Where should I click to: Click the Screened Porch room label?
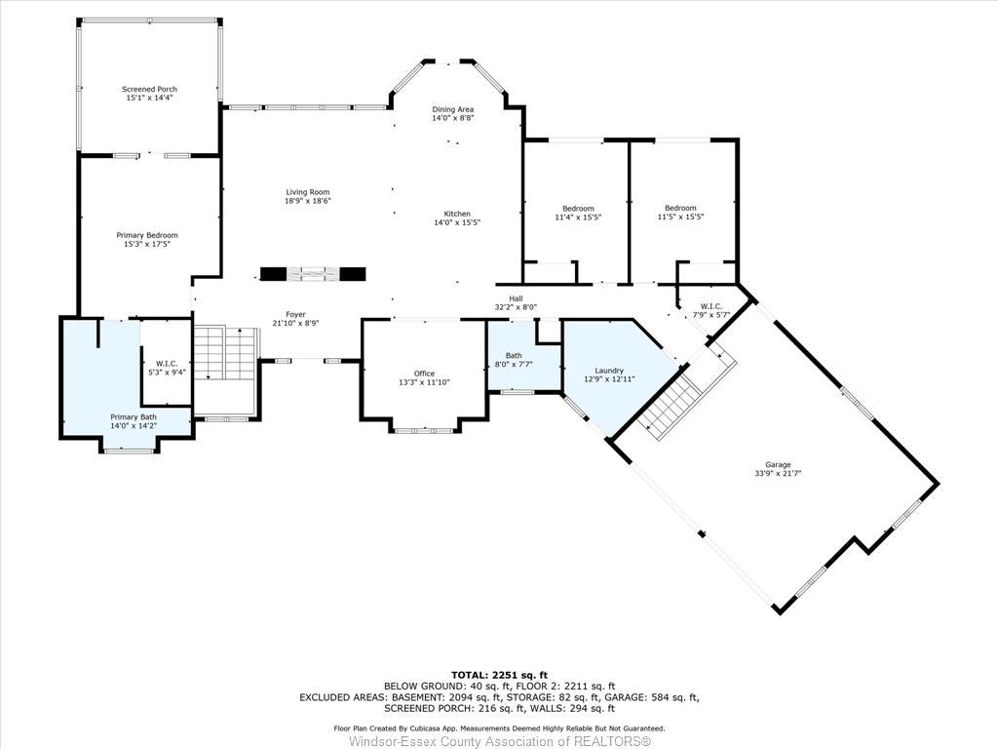coord(149,89)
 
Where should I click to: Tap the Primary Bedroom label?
coord(147,235)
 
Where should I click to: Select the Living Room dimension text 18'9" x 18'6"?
coord(308,201)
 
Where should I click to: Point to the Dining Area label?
coord(453,109)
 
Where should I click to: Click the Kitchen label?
coord(457,214)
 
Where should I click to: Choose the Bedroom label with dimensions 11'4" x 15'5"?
coord(578,209)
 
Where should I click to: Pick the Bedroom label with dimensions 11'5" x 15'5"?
coord(680,208)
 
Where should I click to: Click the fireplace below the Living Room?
coord(313,274)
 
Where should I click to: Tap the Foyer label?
coord(295,315)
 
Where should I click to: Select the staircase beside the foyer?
coord(226,353)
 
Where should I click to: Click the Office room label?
coord(425,374)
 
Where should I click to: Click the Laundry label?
coord(609,371)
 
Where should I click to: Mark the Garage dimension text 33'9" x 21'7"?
coord(778,473)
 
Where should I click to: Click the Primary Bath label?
coord(133,417)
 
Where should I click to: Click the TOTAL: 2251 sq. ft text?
coord(499,675)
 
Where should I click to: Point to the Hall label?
coord(516,298)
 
